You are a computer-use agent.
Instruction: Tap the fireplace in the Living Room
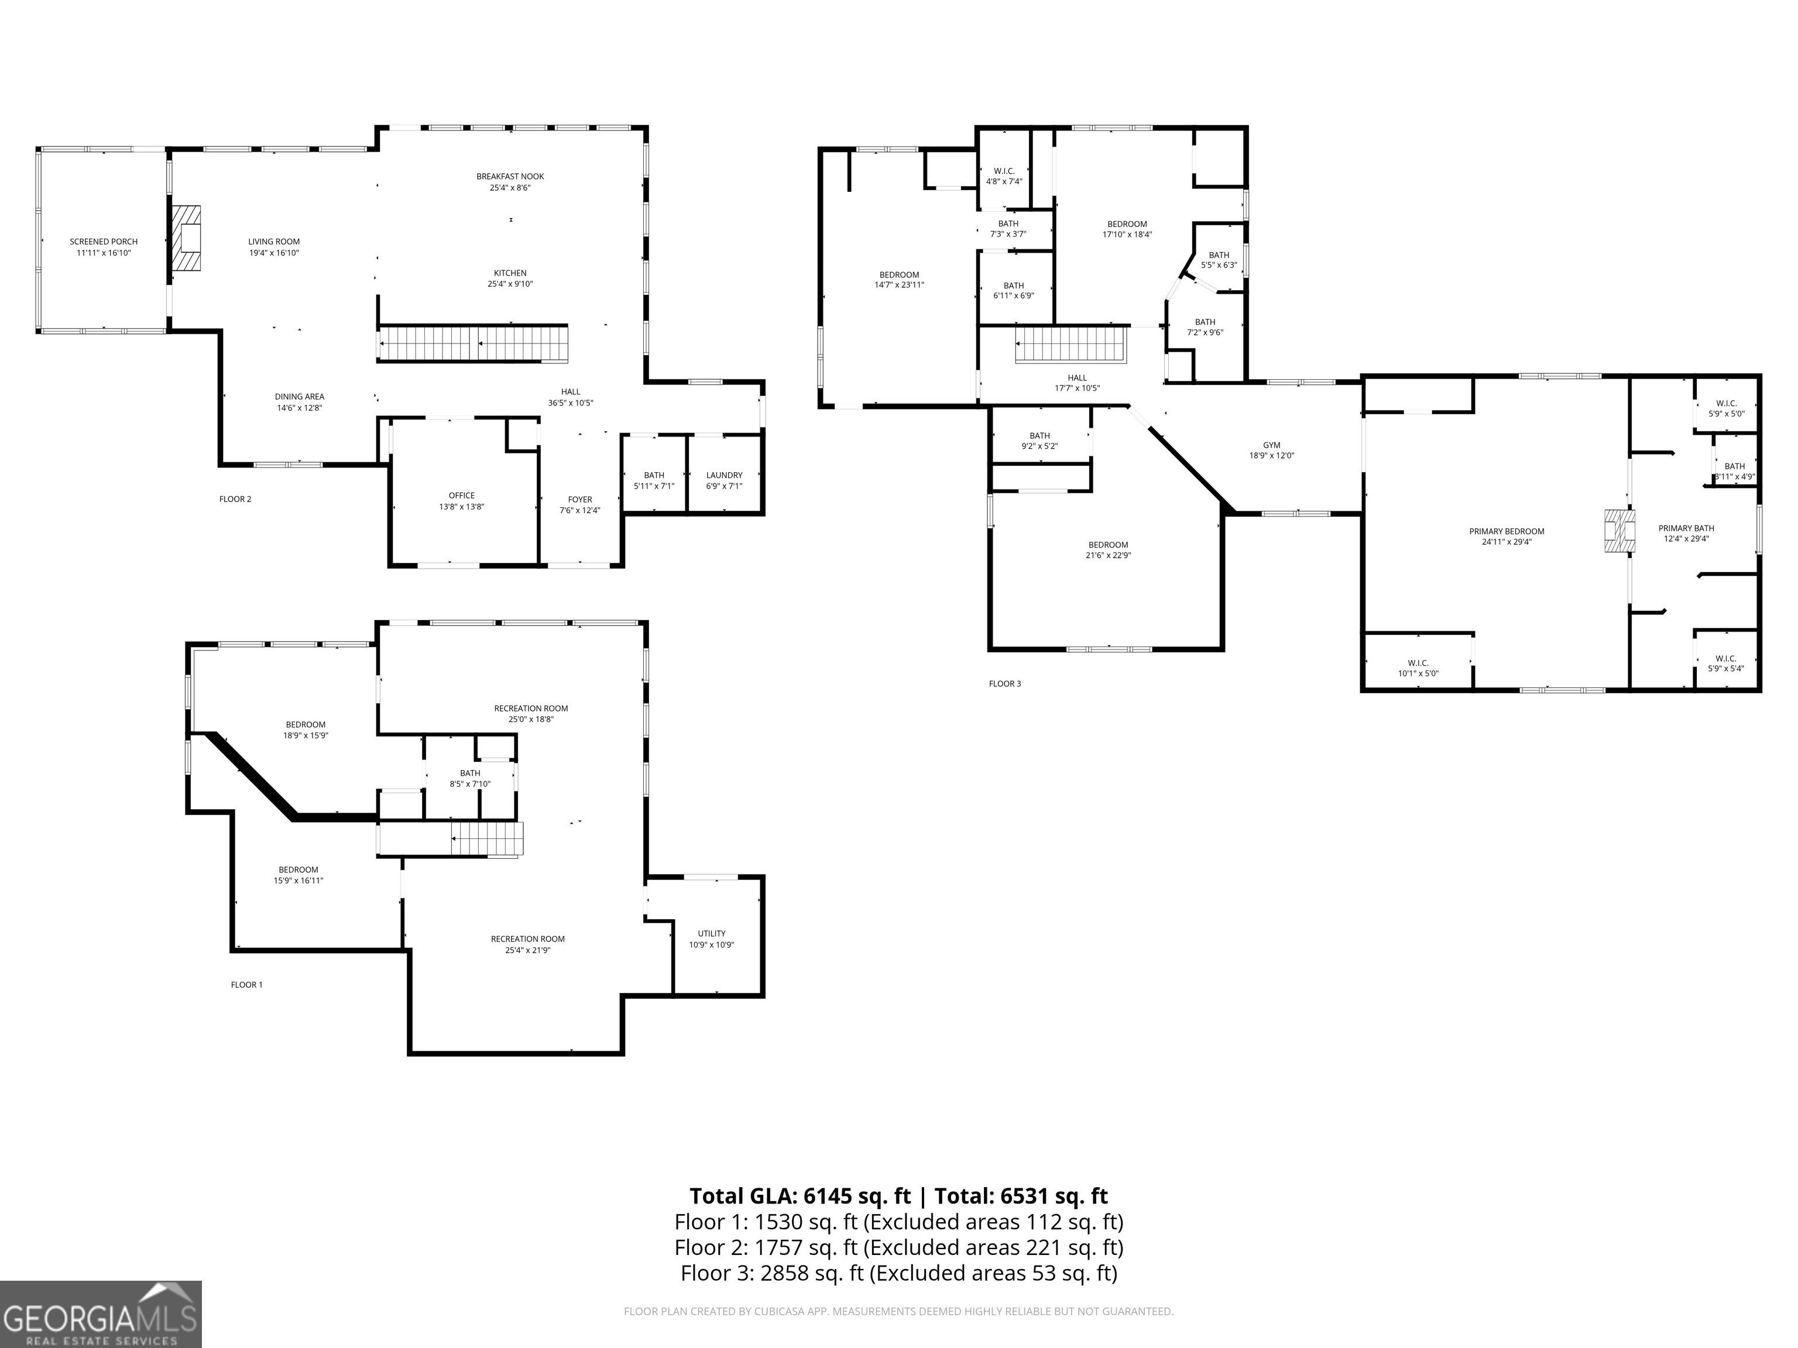click(186, 238)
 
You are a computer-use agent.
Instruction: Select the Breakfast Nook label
click(510, 182)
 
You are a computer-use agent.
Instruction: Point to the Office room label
click(462, 500)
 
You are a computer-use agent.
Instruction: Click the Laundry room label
click(724, 480)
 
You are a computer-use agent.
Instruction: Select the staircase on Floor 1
click(487, 838)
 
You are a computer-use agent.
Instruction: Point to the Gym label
click(1272, 450)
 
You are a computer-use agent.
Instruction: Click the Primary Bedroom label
click(1507, 537)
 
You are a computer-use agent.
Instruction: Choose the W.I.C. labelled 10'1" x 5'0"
click(1418, 668)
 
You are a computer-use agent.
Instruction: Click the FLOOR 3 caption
click(1005, 683)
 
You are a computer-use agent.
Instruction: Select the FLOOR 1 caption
click(247, 985)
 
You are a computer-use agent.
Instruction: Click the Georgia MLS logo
click(101, 1314)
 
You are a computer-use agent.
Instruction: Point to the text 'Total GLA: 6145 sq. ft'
click(800, 1195)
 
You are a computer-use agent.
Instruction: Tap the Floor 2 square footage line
click(899, 1246)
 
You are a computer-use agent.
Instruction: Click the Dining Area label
click(299, 402)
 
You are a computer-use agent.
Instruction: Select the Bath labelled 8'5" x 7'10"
click(470, 778)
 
